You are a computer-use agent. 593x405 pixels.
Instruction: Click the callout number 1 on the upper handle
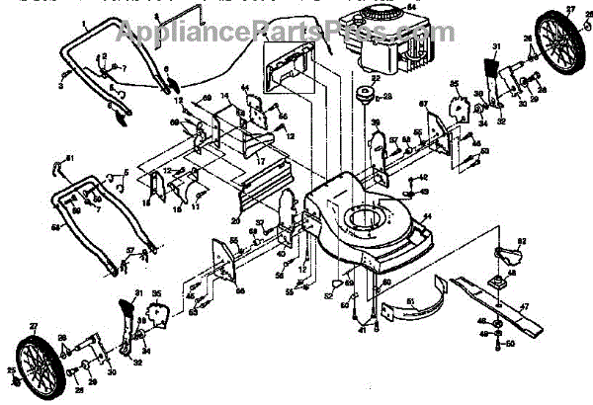click(x=85, y=22)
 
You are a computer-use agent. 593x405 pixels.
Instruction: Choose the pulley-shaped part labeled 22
click(x=363, y=96)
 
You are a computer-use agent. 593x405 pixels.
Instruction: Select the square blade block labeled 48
click(x=501, y=283)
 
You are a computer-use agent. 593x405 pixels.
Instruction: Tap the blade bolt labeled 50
click(x=497, y=342)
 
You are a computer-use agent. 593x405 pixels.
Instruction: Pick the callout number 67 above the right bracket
click(x=422, y=104)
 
